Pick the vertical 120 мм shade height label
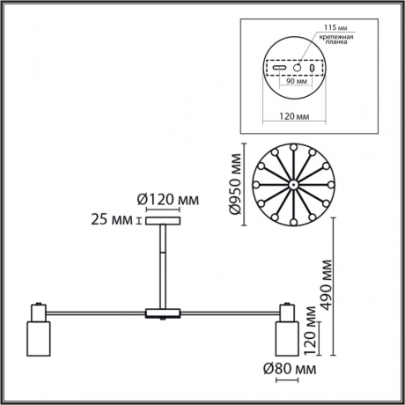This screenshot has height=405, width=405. [308, 327]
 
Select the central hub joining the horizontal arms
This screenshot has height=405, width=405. [162, 312]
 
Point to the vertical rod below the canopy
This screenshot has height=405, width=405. [162, 264]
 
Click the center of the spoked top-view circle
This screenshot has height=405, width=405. [291, 185]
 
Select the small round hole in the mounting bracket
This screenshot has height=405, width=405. [297, 67]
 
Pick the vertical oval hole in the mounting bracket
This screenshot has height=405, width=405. [312, 67]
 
